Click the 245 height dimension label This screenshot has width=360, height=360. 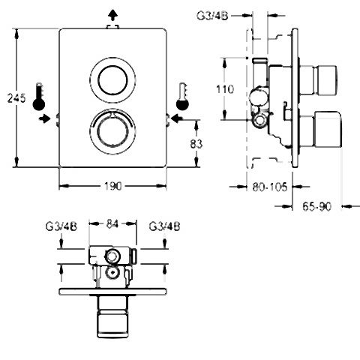[16, 97]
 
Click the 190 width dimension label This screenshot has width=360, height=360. [112, 186]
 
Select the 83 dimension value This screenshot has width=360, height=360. [196, 144]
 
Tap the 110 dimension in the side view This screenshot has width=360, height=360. [225, 89]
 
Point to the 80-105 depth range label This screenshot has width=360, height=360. [270, 187]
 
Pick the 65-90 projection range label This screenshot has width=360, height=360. [316, 207]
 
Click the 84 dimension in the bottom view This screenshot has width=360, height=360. [112, 224]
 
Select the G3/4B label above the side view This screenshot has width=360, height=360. [212, 16]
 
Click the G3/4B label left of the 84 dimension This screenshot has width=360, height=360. [61, 226]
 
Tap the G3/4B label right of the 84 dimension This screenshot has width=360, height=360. [164, 226]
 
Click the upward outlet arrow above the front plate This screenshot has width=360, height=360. [113, 16]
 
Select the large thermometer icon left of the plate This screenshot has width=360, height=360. [39, 97]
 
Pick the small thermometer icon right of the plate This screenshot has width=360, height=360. [182, 97]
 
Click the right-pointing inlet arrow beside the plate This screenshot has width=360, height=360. [45, 118]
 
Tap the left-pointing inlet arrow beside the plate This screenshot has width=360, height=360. [177, 118]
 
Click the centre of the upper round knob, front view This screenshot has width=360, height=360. [112, 80]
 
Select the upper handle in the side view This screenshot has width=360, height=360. [319, 80]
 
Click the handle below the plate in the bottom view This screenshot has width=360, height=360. [112, 316]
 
